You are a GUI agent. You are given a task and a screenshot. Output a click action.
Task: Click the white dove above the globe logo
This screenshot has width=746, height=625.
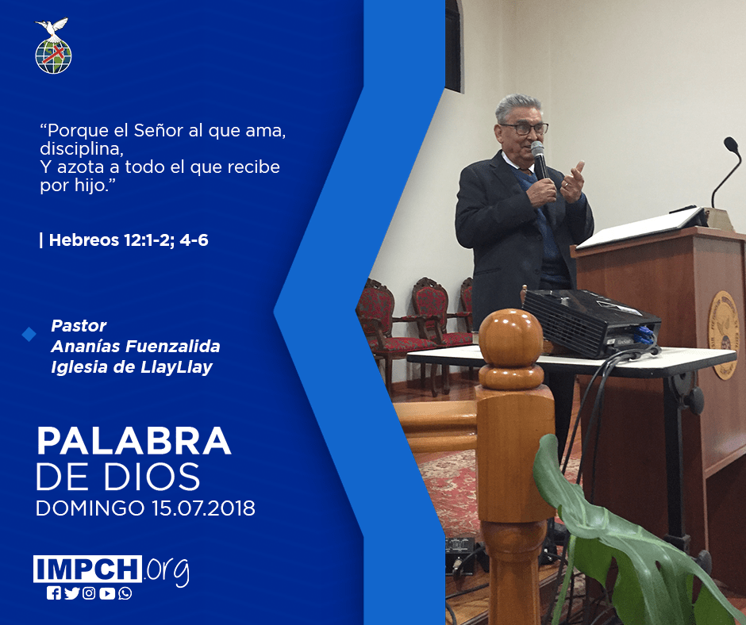tap(52, 27)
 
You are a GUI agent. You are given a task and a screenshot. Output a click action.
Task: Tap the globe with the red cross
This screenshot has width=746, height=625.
tap(53, 56)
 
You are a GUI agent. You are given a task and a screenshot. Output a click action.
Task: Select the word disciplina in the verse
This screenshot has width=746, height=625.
tap(82, 149)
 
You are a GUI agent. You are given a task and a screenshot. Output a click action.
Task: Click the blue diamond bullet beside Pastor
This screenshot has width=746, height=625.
tap(29, 335)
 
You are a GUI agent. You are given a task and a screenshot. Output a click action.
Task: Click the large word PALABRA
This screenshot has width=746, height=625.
tap(133, 442)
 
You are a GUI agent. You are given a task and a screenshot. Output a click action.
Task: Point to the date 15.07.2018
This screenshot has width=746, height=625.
tap(204, 508)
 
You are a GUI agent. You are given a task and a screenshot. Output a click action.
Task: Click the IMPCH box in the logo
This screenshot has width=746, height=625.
tap(87, 569)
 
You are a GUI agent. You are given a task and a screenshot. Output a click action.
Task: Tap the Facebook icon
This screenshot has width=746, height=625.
tap(54, 593)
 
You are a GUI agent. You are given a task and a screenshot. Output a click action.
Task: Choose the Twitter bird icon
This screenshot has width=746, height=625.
tap(72, 593)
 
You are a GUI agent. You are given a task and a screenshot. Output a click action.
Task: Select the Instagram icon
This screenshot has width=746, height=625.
tap(89, 593)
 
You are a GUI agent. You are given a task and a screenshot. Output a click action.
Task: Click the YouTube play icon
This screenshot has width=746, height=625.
tap(107, 593)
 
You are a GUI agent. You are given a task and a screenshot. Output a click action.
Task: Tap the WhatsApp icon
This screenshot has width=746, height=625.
tap(125, 593)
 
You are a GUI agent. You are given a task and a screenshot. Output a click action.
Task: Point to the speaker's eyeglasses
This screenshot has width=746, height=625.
tap(525, 128)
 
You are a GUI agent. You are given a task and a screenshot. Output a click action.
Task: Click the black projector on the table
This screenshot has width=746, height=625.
tap(591, 323)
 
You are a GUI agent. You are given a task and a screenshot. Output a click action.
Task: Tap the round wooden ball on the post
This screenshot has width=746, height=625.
tap(510, 338)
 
